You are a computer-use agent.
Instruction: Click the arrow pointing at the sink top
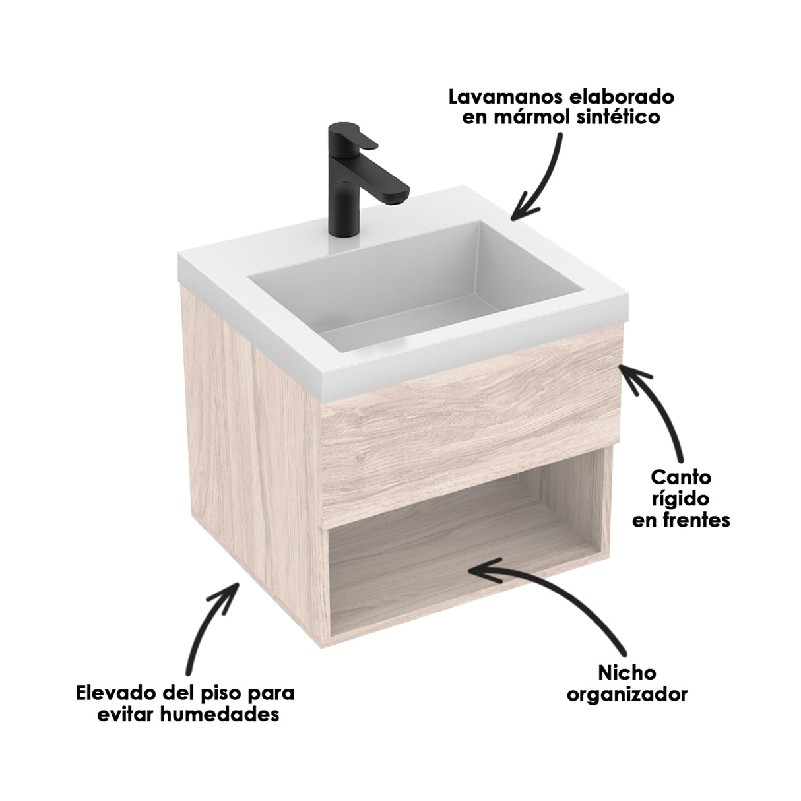click(x=538, y=178)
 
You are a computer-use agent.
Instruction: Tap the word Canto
click(x=681, y=476)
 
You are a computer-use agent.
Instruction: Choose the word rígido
click(x=682, y=498)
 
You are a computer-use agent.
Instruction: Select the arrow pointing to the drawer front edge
click(x=660, y=409)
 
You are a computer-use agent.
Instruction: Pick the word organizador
click(x=627, y=694)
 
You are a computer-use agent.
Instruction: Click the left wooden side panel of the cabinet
click(x=244, y=429)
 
